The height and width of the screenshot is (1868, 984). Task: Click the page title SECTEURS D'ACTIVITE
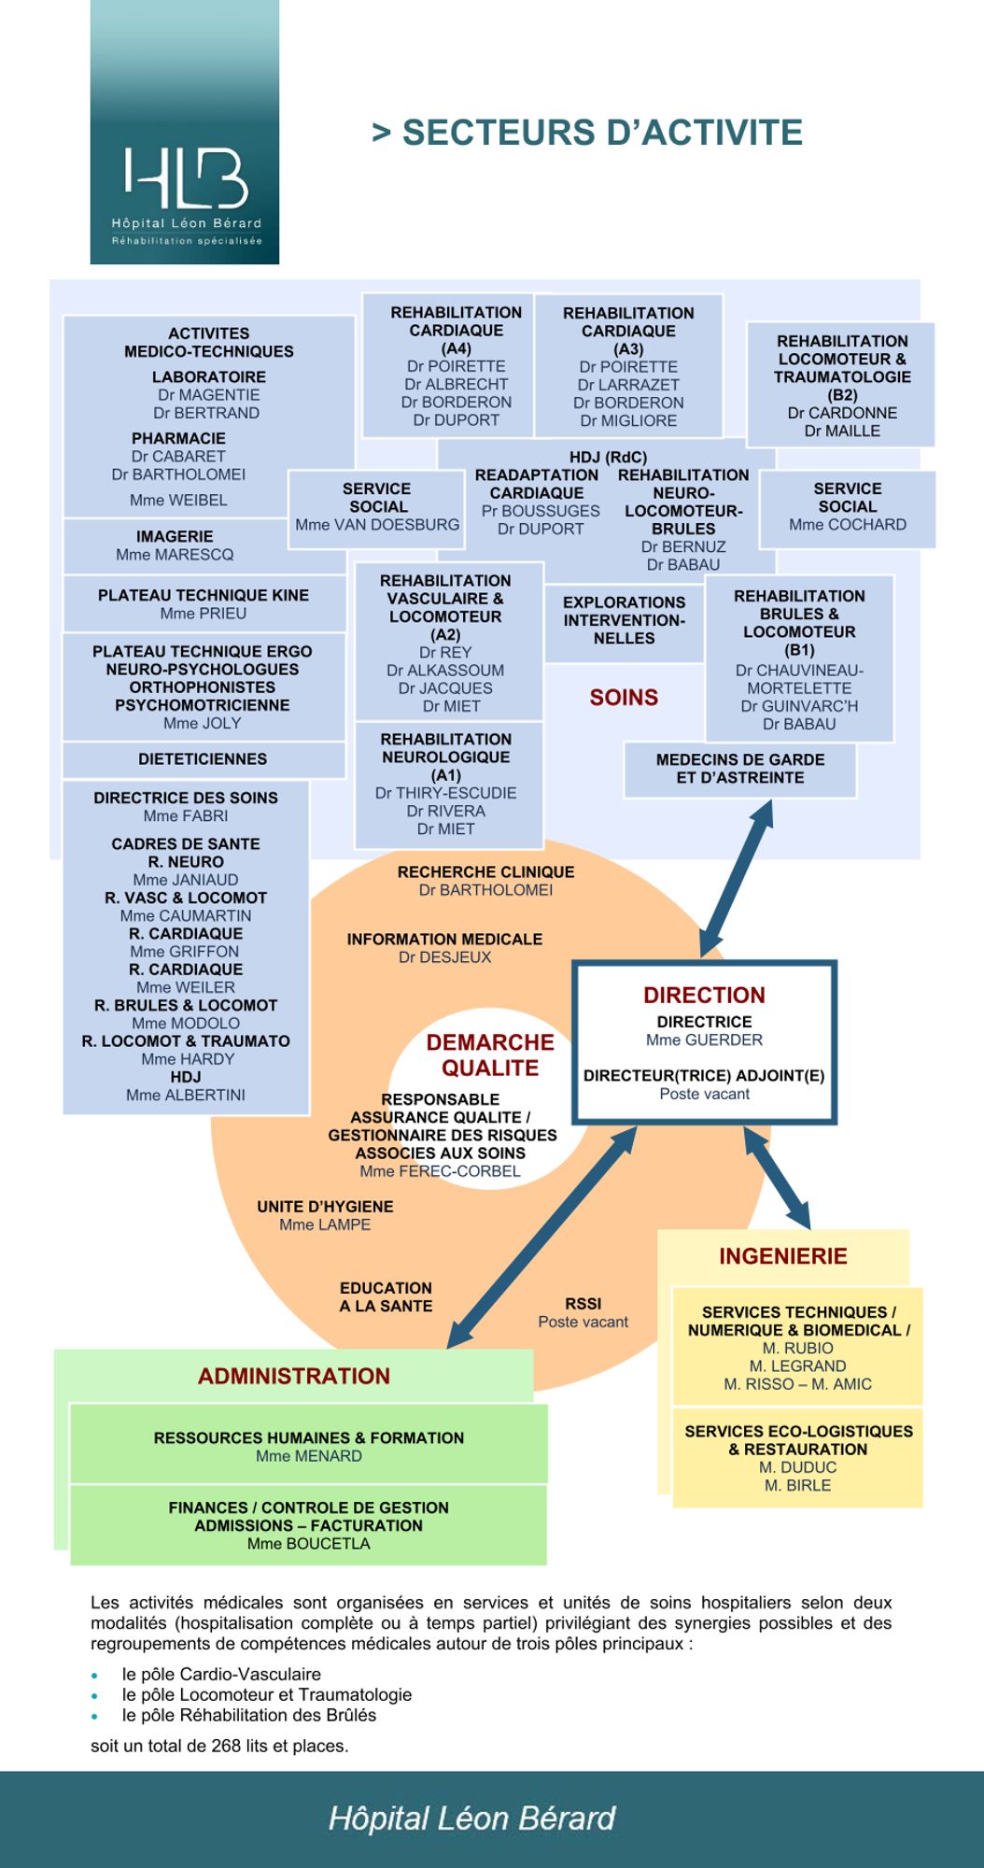coord(587,133)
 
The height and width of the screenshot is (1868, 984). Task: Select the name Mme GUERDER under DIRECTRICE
coord(704,1040)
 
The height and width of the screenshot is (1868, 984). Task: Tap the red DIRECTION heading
coord(704,995)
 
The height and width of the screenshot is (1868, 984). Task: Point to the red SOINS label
coord(624,698)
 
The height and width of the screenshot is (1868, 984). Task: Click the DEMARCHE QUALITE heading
coord(490,1055)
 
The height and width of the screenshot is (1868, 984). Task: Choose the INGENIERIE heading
coord(782,1256)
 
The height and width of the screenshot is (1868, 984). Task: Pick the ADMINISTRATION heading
coord(293,1376)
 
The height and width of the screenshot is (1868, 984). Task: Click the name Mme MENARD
coord(308,1456)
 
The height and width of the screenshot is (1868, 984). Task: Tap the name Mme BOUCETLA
coord(308,1544)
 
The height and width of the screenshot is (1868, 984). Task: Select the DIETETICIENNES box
coord(203,759)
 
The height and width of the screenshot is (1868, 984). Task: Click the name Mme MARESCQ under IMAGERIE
coord(175,555)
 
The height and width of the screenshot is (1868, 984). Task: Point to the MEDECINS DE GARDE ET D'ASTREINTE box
coord(739,769)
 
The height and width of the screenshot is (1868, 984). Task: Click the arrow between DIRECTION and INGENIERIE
coord(777,1178)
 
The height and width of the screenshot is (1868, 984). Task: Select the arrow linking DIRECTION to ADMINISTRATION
coord(541,1238)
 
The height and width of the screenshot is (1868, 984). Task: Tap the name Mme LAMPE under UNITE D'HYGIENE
coord(325,1224)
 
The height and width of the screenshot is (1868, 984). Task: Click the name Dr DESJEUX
coord(444,957)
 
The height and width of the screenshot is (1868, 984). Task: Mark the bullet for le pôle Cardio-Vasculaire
coord(95,1676)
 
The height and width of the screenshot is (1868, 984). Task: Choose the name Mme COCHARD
coord(847,525)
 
